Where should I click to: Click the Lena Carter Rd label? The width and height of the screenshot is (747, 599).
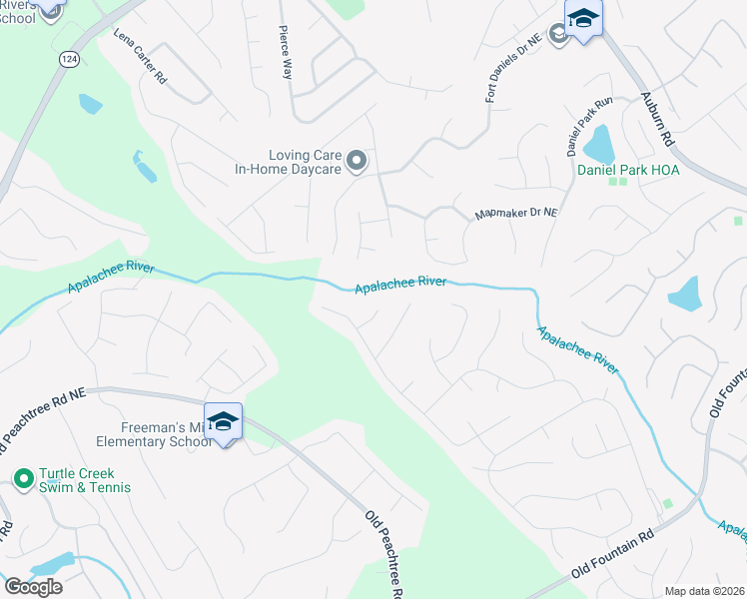click(140, 56)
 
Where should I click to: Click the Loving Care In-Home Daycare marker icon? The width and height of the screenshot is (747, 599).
click(357, 160)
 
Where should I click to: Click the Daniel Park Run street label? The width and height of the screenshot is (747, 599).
click(589, 126)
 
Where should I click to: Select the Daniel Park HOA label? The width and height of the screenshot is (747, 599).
click(628, 170)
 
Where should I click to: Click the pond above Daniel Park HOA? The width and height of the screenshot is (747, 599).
click(599, 145)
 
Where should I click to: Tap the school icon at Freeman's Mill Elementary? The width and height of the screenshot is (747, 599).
click(223, 420)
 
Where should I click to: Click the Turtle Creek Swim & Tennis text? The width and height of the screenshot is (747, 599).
click(85, 480)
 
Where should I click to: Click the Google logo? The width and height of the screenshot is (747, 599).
click(33, 586)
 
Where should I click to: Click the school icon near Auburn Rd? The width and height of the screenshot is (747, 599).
click(583, 19)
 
